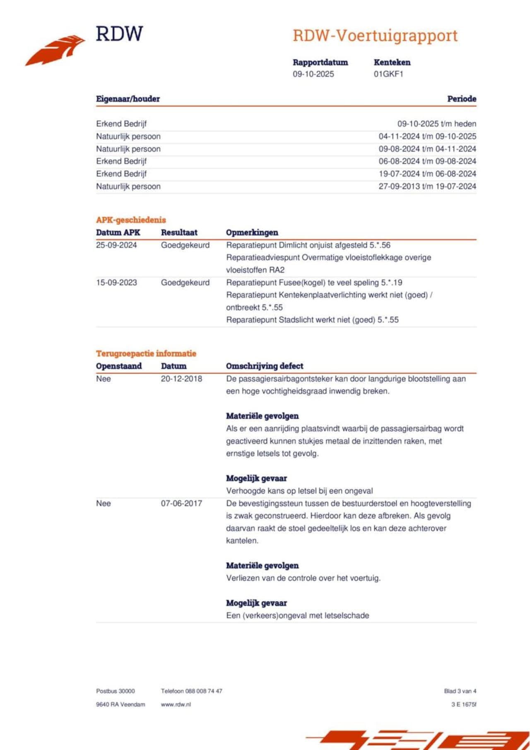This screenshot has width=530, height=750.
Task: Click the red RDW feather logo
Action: coord(55,50)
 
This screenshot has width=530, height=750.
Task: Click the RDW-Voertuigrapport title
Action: coord(375,36)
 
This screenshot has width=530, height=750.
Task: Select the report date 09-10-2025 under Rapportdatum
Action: coord(313,74)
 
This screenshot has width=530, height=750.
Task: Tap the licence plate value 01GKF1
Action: coord(388,74)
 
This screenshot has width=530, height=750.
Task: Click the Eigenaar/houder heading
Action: coord(128,99)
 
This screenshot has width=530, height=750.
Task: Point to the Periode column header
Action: coord(461,99)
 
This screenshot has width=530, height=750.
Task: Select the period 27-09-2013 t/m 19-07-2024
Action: coord(427,186)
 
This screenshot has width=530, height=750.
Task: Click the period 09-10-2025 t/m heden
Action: coord(436,123)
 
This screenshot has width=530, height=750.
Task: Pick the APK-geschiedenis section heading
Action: coord(131,220)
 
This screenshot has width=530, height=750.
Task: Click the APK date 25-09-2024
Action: coord(116,245)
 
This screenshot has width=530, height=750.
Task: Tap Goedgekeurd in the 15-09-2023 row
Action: coord(185,283)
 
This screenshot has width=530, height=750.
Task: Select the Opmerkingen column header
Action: coord(252,232)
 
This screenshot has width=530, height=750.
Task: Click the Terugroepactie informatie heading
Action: coord(146,353)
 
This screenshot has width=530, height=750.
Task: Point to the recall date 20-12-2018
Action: coord(181,379)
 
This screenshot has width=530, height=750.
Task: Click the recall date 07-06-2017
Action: coord(181,503)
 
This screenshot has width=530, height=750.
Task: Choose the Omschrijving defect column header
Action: coord(264,366)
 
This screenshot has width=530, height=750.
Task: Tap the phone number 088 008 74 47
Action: coord(203,691)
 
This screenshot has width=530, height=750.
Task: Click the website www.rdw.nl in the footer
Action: coord(176,704)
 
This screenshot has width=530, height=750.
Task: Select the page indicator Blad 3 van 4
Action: coord(460,691)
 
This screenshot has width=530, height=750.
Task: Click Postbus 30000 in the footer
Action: coord(115,691)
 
